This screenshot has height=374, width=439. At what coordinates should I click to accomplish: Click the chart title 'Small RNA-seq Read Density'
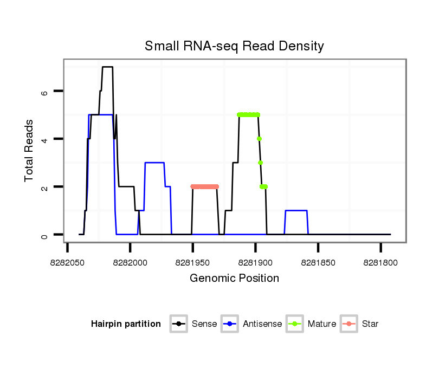click(234, 46)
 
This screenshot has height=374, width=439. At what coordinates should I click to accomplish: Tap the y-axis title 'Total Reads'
click(30, 151)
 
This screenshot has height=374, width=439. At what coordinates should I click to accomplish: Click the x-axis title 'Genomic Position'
click(234, 279)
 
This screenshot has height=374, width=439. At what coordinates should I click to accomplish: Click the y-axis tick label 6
click(45, 92)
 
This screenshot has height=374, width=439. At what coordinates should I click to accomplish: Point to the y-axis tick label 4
click(45, 139)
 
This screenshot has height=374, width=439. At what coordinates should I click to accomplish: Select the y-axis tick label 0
click(45, 235)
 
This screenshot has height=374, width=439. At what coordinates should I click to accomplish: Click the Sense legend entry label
click(204, 324)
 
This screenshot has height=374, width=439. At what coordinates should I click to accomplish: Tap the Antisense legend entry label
click(262, 324)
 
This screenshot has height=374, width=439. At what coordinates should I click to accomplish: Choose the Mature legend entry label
click(322, 324)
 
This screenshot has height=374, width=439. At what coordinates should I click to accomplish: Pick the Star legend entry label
click(370, 324)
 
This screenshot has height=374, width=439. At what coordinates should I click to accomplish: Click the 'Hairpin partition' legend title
click(126, 324)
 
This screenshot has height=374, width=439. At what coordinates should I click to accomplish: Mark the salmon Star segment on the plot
click(204, 186)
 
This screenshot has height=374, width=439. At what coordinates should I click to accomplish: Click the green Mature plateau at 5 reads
click(248, 114)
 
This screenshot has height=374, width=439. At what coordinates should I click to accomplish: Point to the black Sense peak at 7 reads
click(107, 67)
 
